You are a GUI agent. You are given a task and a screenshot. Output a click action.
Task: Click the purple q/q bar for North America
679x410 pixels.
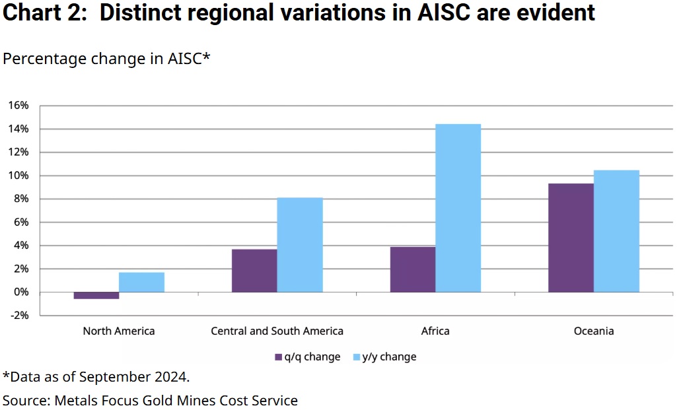click(96, 296)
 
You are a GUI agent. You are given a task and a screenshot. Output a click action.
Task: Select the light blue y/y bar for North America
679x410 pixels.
click(141, 283)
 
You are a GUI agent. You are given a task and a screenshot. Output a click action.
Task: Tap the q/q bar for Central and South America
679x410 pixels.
click(254, 271)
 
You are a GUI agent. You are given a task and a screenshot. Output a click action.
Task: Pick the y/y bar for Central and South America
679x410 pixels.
click(300, 245)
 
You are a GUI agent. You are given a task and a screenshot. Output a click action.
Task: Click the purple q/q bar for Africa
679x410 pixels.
click(412, 269)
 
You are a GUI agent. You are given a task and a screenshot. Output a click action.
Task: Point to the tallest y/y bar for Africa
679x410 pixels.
click(458, 208)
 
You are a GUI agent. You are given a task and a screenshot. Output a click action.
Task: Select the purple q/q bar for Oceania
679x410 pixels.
click(571, 238)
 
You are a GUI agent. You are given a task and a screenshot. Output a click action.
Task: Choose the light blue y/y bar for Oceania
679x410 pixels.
click(616, 231)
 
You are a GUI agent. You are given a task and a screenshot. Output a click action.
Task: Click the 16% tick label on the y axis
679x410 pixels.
click(18, 106)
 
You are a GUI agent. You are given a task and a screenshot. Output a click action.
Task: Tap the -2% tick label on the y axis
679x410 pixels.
click(18, 316)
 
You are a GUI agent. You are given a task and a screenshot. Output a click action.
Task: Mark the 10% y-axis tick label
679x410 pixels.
click(18, 176)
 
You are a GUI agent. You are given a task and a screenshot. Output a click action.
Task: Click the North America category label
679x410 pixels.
click(119, 331)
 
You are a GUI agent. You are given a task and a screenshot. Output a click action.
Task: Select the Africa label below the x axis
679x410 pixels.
click(435, 331)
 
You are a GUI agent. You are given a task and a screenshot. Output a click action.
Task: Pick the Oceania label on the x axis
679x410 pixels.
click(594, 331)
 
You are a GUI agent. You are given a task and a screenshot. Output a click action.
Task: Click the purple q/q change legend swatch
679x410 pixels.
click(279, 357)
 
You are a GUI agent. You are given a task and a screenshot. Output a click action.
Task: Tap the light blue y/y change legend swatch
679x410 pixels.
click(356, 357)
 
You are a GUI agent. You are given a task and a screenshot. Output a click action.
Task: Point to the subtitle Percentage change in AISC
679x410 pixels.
click(106, 59)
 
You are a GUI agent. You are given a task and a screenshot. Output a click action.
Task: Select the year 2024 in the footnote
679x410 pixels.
click(173, 377)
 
